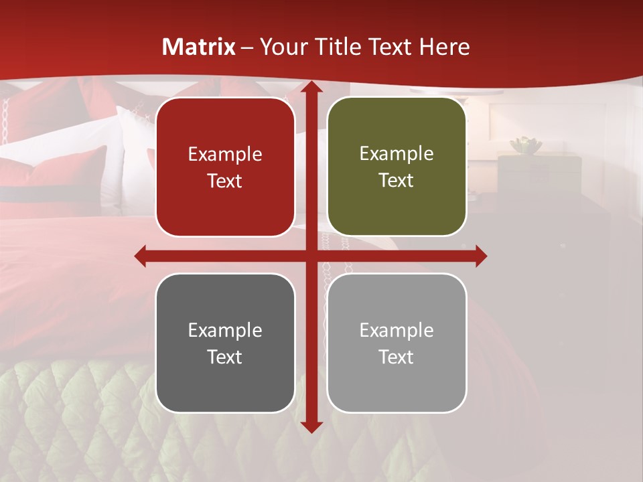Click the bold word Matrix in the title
tap(199, 47)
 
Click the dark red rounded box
tap(225, 167)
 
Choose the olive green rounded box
tap(397, 167)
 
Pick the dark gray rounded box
tap(225, 343)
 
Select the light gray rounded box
tap(397, 343)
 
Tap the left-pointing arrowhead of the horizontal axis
tap(141, 256)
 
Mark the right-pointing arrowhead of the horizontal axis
tap(481, 256)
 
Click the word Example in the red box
tap(225, 155)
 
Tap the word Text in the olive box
tap(397, 181)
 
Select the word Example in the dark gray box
tap(225, 330)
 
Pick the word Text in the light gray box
tap(397, 357)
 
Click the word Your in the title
tap(281, 47)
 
